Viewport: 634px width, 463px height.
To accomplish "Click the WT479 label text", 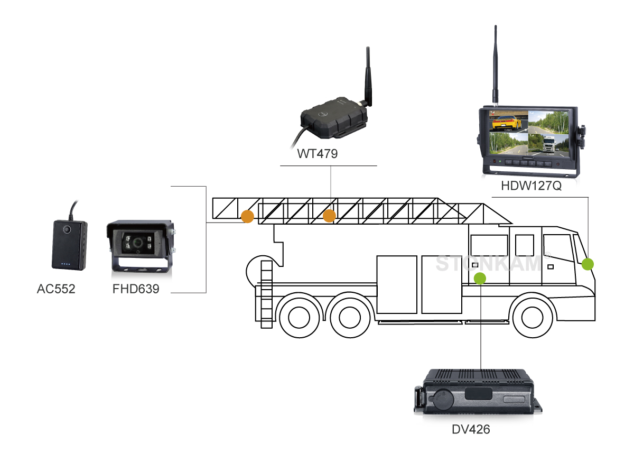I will (x=317, y=154).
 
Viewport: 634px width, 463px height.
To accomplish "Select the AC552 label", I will (x=56, y=289).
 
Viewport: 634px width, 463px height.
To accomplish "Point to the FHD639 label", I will (x=136, y=289).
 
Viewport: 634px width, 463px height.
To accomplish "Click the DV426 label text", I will (x=471, y=429).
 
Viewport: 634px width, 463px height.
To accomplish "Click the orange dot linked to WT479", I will (x=329, y=216).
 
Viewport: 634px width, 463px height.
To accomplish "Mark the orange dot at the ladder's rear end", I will (x=247, y=216).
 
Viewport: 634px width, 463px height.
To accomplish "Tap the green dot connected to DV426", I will (x=480, y=278).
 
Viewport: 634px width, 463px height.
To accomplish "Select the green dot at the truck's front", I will (x=588, y=264).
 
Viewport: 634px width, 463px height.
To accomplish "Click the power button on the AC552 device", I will (x=67, y=230).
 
